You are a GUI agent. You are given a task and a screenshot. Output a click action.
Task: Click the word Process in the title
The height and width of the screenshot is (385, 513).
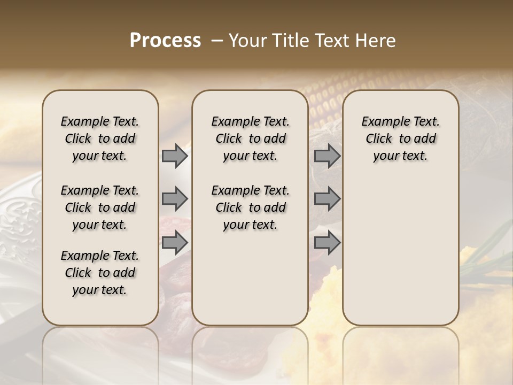[x=165, y=41]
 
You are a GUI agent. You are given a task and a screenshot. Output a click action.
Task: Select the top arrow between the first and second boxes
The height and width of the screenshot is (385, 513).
[x=175, y=156]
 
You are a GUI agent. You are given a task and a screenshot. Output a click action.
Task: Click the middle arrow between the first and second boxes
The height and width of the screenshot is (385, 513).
[x=175, y=199]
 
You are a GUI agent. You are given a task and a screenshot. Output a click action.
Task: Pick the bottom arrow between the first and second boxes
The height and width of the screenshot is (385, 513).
[x=175, y=243]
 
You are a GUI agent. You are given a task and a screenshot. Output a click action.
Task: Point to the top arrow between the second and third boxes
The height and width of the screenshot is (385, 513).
[x=327, y=156]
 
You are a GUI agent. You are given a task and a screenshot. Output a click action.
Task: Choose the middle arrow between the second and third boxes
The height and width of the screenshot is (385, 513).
[x=327, y=199]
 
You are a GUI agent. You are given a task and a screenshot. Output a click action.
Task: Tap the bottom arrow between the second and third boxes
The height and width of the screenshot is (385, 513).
[x=327, y=243]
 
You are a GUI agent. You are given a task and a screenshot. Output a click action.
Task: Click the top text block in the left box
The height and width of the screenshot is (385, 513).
[x=100, y=138]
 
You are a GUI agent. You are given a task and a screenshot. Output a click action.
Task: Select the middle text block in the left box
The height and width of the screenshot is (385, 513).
[x=100, y=207]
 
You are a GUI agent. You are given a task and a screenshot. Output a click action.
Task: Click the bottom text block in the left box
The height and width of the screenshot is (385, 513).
[x=100, y=273]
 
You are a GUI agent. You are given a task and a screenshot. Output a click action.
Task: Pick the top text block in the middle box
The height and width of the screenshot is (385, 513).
[x=250, y=138]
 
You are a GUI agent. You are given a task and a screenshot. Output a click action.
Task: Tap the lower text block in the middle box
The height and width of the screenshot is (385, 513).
[x=250, y=207]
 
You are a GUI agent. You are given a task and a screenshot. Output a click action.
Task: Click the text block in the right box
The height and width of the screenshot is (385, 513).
[x=401, y=138]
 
